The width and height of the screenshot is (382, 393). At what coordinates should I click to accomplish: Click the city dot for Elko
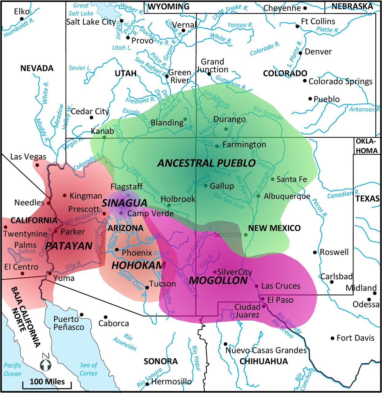tap(22, 19)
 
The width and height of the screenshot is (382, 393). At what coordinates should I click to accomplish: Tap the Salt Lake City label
tap(91, 22)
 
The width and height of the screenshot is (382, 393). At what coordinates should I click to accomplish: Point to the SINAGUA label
tap(124, 203)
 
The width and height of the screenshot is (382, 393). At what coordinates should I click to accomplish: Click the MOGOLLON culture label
tap(218, 280)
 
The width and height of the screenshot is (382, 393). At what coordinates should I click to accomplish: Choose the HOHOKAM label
tap(138, 265)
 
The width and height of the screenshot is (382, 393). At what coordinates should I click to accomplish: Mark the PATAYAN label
tap(69, 246)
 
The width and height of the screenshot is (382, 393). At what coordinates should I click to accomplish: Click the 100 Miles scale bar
tap(47, 384)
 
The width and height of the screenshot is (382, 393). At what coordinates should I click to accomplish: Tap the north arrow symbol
tap(46, 363)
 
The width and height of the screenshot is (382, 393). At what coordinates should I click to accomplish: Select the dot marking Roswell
tap(315, 252)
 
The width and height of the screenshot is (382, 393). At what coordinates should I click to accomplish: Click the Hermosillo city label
tap(171, 382)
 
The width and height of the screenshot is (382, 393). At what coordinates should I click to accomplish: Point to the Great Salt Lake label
tap(81, 10)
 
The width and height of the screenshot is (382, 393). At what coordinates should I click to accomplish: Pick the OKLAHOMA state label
tap(366, 146)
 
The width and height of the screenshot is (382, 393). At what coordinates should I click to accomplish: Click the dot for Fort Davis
tap(332, 338)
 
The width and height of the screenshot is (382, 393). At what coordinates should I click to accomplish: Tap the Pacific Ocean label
tap(13, 369)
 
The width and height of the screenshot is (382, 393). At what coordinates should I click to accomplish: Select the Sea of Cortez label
tap(88, 369)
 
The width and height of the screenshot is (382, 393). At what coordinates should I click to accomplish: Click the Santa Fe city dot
tap(272, 179)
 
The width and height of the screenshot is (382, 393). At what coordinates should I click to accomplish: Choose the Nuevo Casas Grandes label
tap(266, 350)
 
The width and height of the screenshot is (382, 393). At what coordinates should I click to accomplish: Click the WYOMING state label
tap(169, 6)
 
